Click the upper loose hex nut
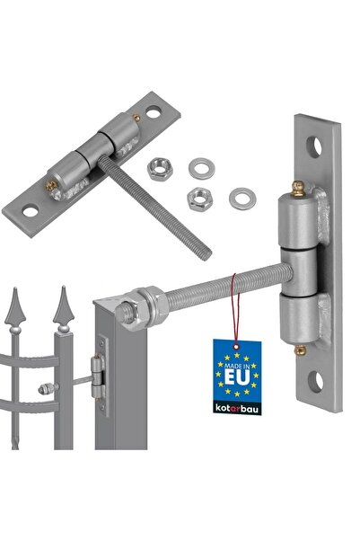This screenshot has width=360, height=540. [159, 168]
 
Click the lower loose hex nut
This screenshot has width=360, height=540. [199, 199]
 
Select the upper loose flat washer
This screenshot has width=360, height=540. [202, 168]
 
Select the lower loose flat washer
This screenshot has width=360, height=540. [242, 199]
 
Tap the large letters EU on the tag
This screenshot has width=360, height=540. [237, 377]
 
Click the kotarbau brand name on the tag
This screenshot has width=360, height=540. [237, 409]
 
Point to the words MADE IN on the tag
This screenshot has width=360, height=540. [237, 366]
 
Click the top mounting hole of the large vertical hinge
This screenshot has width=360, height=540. [314, 147]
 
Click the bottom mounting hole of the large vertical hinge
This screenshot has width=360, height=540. [315, 382]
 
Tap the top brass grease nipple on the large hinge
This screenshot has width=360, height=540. [298, 189]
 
